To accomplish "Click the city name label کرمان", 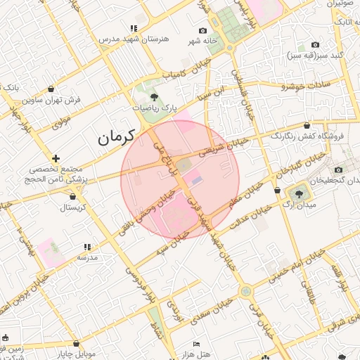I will pyautogui.click(x=116, y=138).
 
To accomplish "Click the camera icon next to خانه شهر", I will pyautogui.click(x=203, y=30).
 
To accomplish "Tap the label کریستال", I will pyautogui.click(x=72, y=208).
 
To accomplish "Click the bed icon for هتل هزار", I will pyautogui.click(x=196, y=344).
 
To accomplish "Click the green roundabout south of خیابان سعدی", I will pyautogui.click(x=245, y=291).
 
